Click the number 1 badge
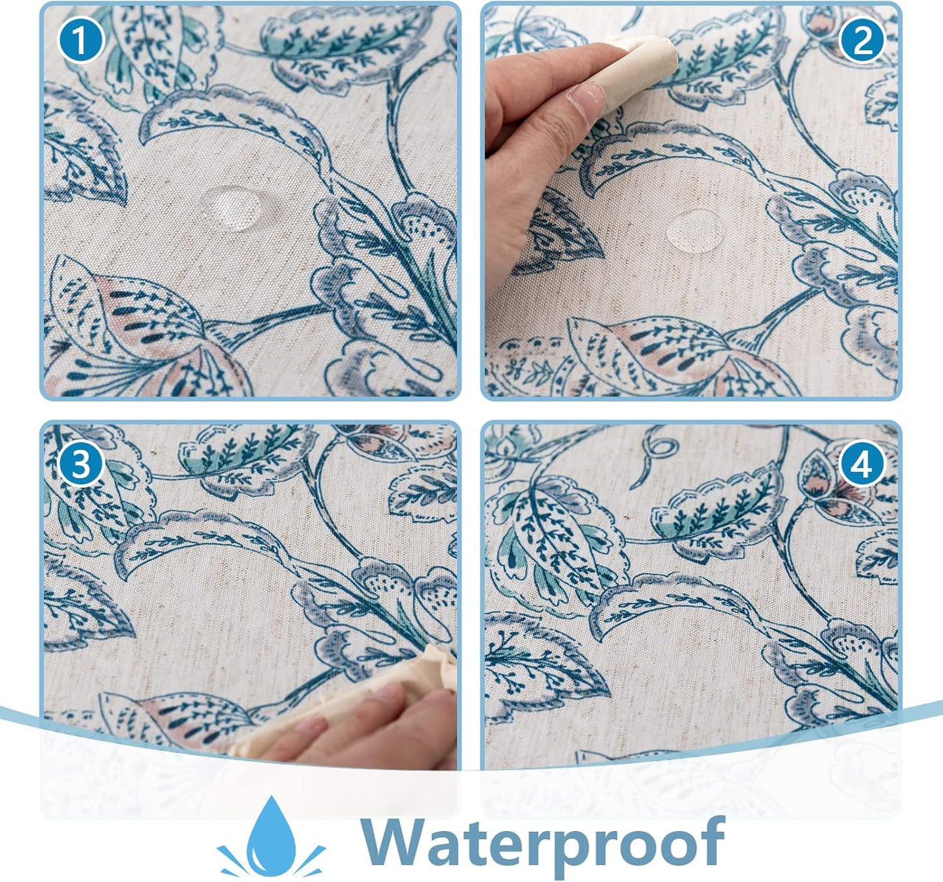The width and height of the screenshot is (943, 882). tap(80, 40)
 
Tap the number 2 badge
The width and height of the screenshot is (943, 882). tap(862, 40)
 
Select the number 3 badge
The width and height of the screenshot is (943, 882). tap(80, 465)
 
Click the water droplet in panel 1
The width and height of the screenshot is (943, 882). tap(232, 208)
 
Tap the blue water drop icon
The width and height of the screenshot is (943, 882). tap(271, 839)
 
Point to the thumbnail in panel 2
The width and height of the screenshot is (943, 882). tap(587, 98)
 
